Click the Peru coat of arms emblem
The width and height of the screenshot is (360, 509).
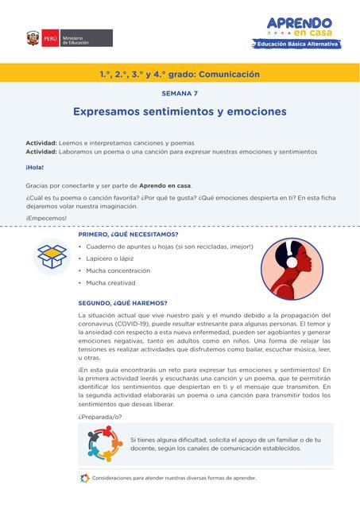[x=33, y=37]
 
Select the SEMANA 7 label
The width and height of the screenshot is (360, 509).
[x=180, y=93]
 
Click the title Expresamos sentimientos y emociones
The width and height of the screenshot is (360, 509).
[x=180, y=112]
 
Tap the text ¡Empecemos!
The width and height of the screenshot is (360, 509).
[x=45, y=218]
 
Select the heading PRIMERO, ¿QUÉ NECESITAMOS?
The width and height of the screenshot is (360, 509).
[x=128, y=235]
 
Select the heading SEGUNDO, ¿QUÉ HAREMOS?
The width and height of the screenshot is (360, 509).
[x=122, y=303]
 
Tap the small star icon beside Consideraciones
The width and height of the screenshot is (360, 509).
[x=84, y=479]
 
